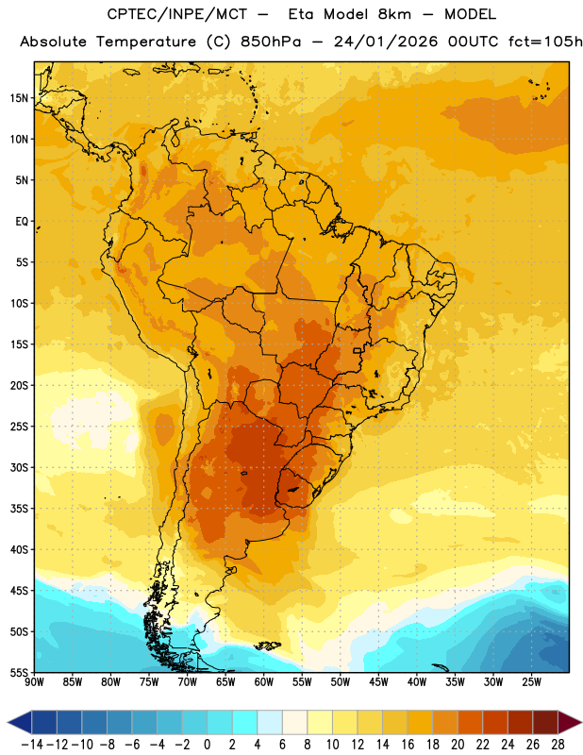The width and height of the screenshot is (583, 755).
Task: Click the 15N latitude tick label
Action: tap(19, 98)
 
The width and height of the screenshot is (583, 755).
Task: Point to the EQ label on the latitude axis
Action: tap(22, 222)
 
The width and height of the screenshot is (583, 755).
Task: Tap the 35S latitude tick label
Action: tap(19, 509)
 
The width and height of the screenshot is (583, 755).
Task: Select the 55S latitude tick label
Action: tap(19, 673)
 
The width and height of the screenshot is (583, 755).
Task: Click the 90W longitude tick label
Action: tap(34, 682)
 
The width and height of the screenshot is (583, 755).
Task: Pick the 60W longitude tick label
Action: tap(264, 682)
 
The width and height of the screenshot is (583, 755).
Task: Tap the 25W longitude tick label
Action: tap(531, 682)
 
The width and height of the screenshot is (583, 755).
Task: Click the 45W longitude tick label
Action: tap(378, 682)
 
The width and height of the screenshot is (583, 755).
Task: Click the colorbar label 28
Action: tap(558, 745)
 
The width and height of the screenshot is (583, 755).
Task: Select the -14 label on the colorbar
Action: tap(32, 745)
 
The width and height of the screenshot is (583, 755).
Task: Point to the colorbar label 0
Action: tap(207, 745)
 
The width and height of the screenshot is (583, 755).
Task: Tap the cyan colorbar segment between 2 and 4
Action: tap(244, 722)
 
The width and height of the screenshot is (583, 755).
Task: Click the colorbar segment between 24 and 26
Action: tap(521, 722)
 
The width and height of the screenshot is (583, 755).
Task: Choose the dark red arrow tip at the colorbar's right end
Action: tap(570, 722)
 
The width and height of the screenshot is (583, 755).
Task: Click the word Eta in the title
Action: tap(301, 14)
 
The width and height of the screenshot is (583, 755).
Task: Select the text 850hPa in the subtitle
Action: tap(271, 42)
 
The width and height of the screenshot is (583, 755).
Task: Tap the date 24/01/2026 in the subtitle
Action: tap(386, 42)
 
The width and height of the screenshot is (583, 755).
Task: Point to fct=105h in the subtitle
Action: tap(545, 42)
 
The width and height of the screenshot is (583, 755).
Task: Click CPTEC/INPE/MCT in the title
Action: tap(177, 14)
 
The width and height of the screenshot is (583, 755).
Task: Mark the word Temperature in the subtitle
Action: tap(146, 42)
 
